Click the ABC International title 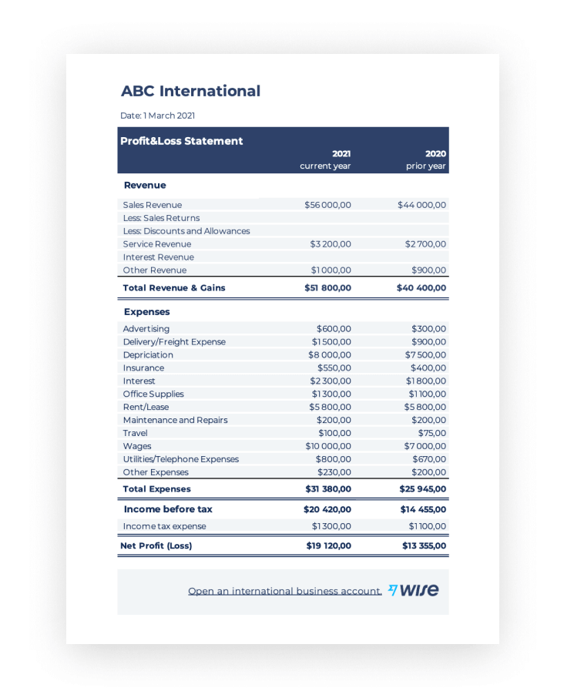[x=190, y=91]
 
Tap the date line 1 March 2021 [x=157, y=116]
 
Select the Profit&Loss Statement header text [x=181, y=141]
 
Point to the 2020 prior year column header [x=427, y=159]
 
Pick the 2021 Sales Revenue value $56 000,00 [x=327, y=205]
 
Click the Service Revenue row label [x=157, y=244]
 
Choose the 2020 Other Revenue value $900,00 [x=428, y=270]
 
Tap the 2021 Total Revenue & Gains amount [x=327, y=288]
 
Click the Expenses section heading [x=146, y=312]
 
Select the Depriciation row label [x=148, y=355]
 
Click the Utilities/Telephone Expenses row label [x=181, y=459]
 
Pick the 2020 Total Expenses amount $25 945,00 [x=422, y=489]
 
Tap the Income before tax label [x=168, y=509]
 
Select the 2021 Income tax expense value [x=331, y=526]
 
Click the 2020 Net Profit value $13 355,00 [x=424, y=545]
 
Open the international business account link [x=285, y=591]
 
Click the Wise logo [x=414, y=590]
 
